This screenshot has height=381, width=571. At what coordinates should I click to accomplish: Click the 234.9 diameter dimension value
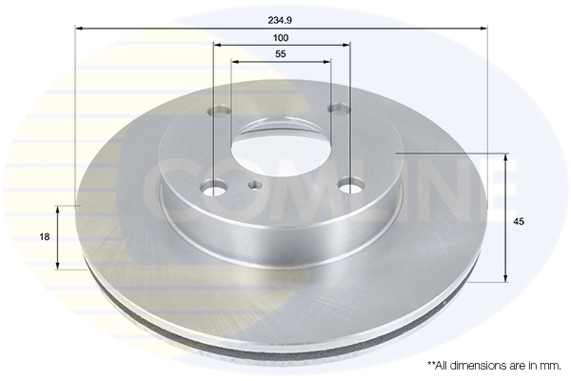pos(281,16)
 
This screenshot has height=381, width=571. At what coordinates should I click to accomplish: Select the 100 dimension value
pos(281,37)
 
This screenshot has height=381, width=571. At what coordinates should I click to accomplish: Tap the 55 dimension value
pos(281,55)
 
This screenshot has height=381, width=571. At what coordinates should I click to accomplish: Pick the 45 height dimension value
pos(519,221)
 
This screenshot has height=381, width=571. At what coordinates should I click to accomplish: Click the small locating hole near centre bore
pos(255,187)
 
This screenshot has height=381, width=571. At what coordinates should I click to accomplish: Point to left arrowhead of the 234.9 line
pos(79,30)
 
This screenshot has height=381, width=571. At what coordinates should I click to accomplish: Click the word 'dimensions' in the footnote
pos(484,365)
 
